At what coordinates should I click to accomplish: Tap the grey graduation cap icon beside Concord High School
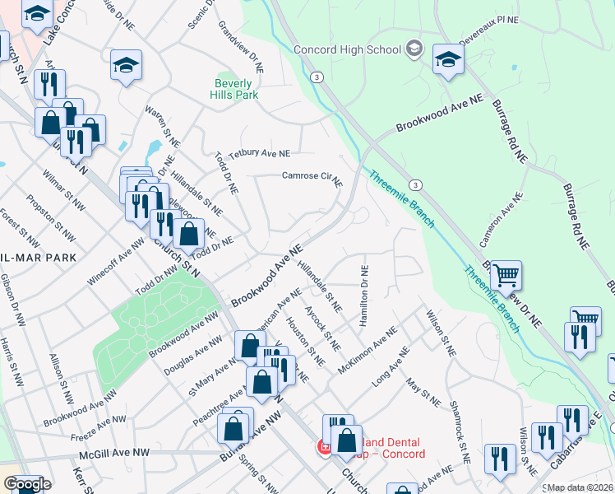(x=414, y=49)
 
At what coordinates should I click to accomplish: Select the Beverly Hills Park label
(x=237, y=89)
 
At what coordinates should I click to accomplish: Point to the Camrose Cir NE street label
(x=312, y=177)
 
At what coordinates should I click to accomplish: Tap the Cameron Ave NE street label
(x=502, y=221)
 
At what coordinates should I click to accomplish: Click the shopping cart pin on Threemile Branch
(x=506, y=276)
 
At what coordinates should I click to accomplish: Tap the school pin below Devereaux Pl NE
(x=448, y=59)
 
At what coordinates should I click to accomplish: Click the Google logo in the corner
(x=27, y=484)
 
